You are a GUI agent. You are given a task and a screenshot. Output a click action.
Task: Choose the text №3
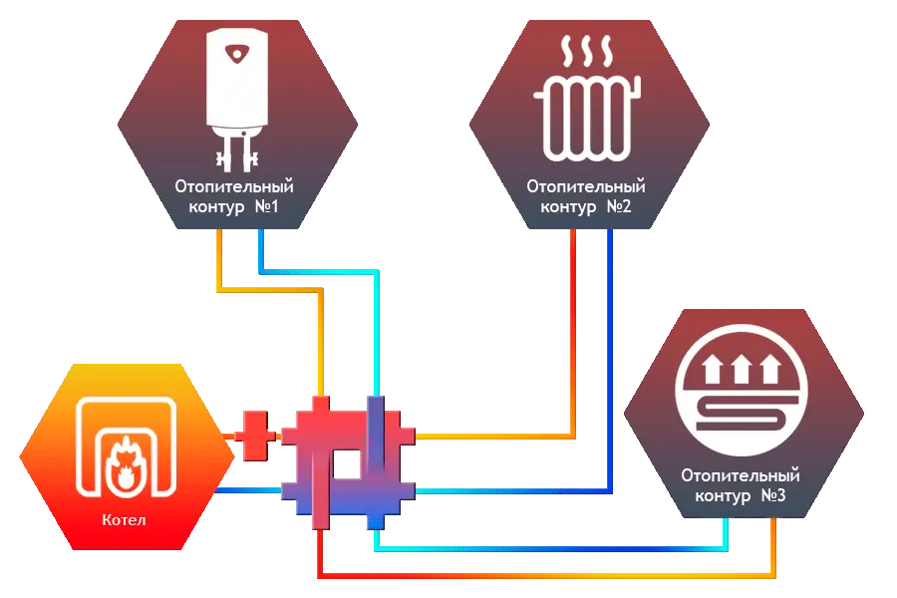[x=769, y=495]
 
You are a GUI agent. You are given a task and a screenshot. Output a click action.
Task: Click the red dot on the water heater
[x=235, y=52]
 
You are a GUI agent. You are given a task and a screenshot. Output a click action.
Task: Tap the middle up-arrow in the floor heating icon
[x=740, y=372]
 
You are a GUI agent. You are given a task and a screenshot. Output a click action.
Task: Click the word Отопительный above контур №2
[x=586, y=186]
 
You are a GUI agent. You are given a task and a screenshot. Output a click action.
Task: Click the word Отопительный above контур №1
[x=235, y=186]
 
